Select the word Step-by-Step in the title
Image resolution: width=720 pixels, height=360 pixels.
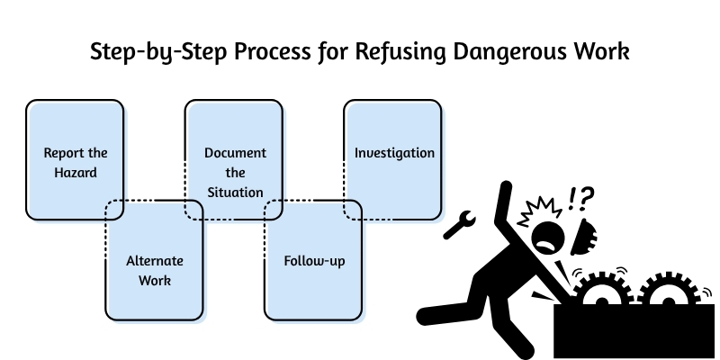(149, 51)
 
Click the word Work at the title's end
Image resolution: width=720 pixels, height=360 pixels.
(599, 51)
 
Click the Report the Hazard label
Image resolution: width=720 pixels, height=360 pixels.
(70, 161)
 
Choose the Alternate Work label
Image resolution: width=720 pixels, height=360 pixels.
(154, 270)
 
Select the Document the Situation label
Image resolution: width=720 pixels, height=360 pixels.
(234, 172)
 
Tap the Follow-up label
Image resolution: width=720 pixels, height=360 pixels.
(314, 261)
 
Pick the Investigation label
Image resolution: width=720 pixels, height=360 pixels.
(394, 152)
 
